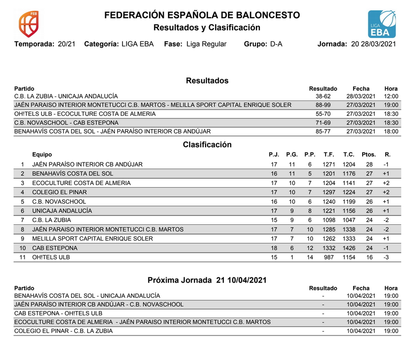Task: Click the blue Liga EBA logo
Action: (x=382, y=24)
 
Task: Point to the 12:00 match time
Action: (x=391, y=96)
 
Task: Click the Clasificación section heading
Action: (x=207, y=145)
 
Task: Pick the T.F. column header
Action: (x=329, y=155)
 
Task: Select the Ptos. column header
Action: (x=368, y=155)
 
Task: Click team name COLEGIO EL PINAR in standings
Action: (x=60, y=192)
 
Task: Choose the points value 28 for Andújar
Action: (x=369, y=164)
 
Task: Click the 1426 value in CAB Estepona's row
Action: (x=349, y=248)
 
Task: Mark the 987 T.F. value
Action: (x=329, y=258)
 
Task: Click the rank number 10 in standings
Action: (x=23, y=248)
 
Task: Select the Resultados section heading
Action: (x=207, y=81)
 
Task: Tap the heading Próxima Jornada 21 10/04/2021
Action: (x=207, y=280)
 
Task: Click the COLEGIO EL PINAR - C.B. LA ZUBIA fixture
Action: (x=63, y=331)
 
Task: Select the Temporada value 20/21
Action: (x=65, y=44)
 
